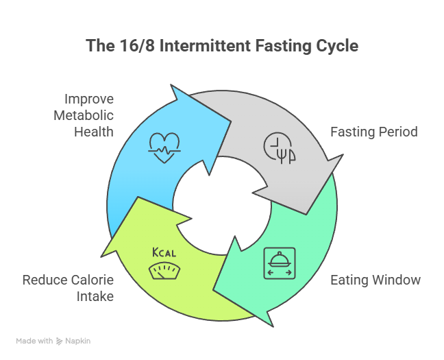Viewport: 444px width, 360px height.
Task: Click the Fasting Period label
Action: [373, 132]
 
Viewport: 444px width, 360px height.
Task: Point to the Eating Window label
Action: [375, 280]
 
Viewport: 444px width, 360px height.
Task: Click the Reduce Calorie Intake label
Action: [68, 288]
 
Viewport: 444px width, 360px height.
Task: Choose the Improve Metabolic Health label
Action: [84, 115]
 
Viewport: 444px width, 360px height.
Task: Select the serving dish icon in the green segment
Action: [280, 263]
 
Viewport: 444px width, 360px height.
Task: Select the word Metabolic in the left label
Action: [84, 115]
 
